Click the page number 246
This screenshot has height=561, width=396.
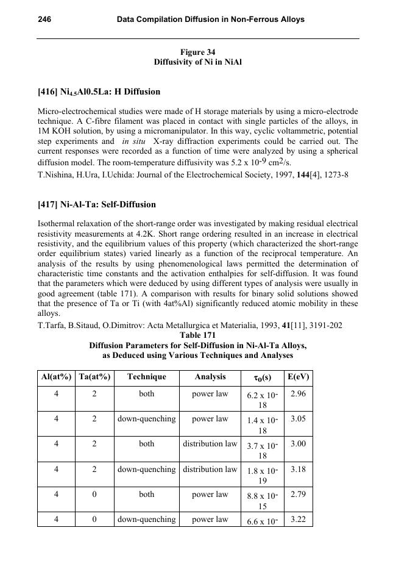tap(44, 20)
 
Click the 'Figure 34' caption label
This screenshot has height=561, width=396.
tap(197, 52)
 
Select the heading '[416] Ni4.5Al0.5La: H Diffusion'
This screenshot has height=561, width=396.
tap(99, 92)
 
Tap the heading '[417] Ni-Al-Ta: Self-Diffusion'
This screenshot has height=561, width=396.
tap(97, 205)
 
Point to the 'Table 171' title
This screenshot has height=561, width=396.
tap(197, 335)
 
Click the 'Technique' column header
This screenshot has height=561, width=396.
tap(146, 377)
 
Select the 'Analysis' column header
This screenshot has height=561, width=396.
tap(210, 377)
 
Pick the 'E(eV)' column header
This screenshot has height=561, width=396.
tap(298, 377)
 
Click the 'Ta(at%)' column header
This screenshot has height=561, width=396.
tap(94, 377)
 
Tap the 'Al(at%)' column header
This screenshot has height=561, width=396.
tap(56, 377)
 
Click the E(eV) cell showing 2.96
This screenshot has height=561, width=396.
tap(298, 394)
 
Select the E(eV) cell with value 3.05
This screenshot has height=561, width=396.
tap(298, 419)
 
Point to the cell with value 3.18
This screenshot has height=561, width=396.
tap(298, 469)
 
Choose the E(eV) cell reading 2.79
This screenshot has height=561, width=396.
tap(298, 494)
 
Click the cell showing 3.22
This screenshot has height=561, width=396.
tap(298, 519)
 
